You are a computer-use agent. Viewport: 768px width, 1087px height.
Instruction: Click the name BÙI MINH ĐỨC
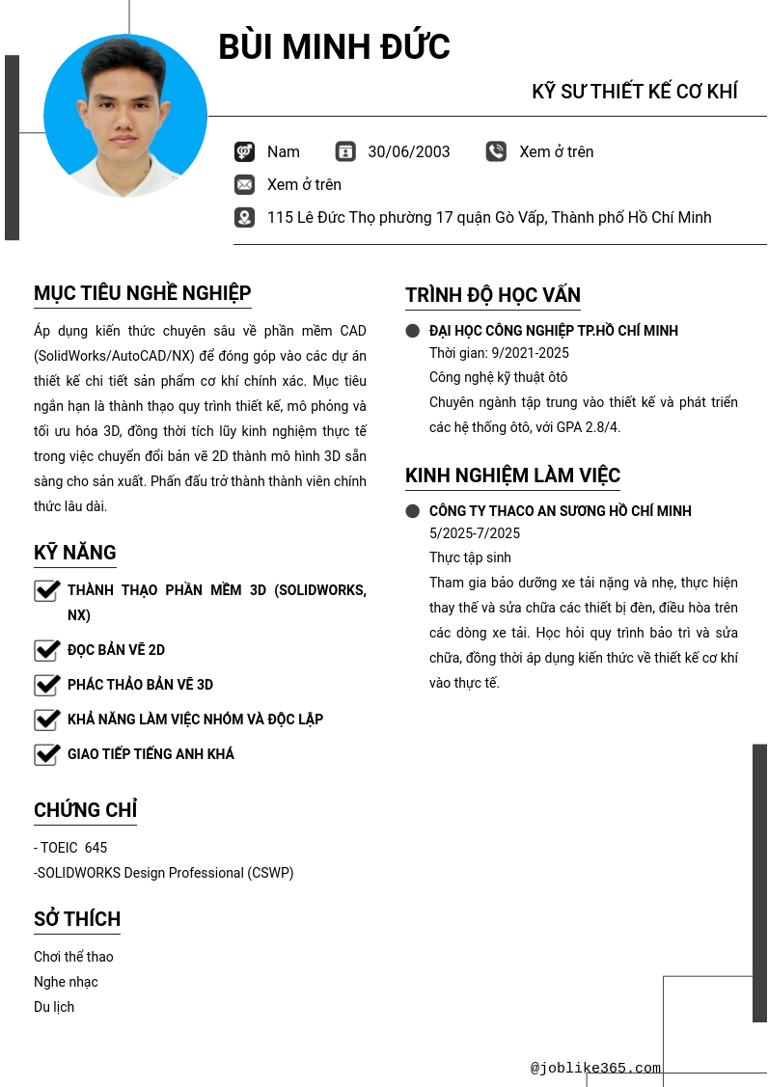pos(334,47)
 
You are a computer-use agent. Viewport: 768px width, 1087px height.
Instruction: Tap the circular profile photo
pos(125,116)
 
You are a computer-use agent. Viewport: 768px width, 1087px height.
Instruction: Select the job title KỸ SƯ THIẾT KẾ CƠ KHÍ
pos(634,92)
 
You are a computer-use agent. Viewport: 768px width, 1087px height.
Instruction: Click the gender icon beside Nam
pos(244,151)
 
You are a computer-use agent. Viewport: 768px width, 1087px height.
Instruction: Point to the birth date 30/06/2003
pos(409,151)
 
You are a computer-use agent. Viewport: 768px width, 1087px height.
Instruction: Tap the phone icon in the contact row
pos(496,151)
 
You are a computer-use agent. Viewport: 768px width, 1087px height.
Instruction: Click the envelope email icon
pos(244,184)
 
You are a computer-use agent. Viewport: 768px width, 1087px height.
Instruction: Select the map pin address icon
pos(244,217)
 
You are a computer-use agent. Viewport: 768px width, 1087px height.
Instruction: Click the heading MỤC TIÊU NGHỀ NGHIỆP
pos(143,293)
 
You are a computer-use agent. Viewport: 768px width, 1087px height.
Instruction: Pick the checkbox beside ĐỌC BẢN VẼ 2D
pos(47,650)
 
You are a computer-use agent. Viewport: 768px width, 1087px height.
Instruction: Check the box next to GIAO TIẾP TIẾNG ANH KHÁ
pos(47,754)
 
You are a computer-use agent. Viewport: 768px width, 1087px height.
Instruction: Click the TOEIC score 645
pos(96,848)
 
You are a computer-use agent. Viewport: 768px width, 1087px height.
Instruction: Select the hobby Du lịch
pos(54,1007)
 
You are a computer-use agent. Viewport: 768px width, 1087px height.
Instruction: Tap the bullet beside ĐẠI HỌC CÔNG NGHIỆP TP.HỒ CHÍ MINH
pos(413,331)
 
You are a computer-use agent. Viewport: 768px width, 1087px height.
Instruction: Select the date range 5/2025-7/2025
pos(475,533)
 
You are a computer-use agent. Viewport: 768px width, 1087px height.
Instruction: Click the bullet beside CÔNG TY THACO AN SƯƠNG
pos(413,511)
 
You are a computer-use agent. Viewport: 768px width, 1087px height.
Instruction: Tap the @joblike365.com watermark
pos(595,1068)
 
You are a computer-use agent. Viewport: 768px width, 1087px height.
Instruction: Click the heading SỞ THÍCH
pos(77,919)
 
